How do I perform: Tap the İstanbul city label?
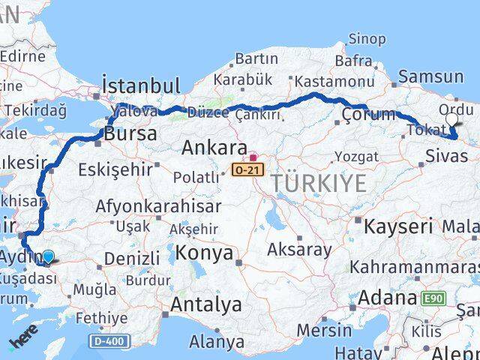tap(140, 85)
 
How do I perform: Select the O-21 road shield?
tap(248, 169)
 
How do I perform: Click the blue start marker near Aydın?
tap(49, 257)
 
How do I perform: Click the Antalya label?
tap(206, 304)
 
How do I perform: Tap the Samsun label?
tap(430, 76)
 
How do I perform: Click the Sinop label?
tap(368, 38)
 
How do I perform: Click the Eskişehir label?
tap(115, 169)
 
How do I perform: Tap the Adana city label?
tap(387, 297)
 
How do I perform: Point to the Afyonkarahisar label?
tap(158, 206)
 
